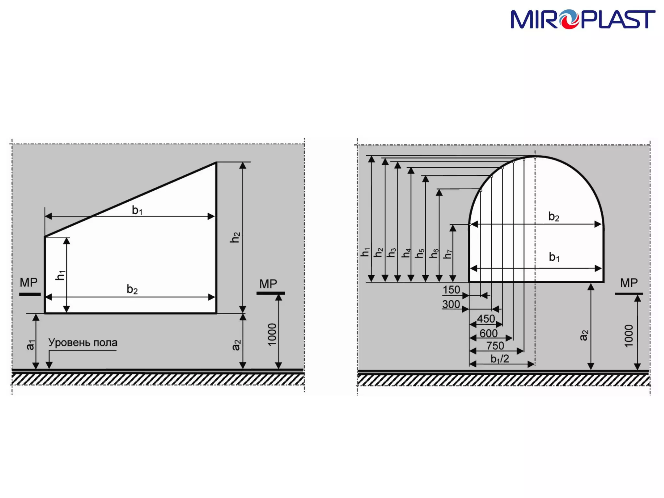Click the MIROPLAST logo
click(583, 19)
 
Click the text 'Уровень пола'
click(83, 342)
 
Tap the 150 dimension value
click(451, 290)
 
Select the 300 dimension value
click(451, 304)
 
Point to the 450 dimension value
click(486, 319)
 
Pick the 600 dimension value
click(489, 333)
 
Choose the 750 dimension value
click(495, 346)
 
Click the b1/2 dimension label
click(500, 359)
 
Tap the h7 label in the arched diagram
click(448, 254)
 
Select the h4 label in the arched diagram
click(406, 253)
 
